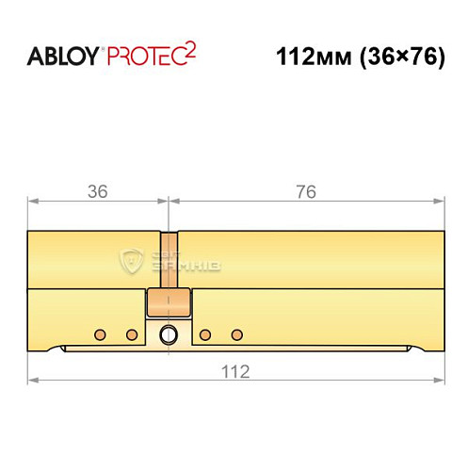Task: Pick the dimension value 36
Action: click(x=97, y=190)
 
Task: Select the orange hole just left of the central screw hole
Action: click(x=131, y=333)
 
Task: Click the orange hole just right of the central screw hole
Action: click(x=205, y=333)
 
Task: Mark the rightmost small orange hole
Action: click(x=236, y=333)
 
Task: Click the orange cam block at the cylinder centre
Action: click(x=169, y=303)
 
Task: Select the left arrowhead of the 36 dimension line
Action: click(x=32, y=201)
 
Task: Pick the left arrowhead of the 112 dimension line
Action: click(x=32, y=382)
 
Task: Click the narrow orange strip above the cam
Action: click(x=169, y=259)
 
